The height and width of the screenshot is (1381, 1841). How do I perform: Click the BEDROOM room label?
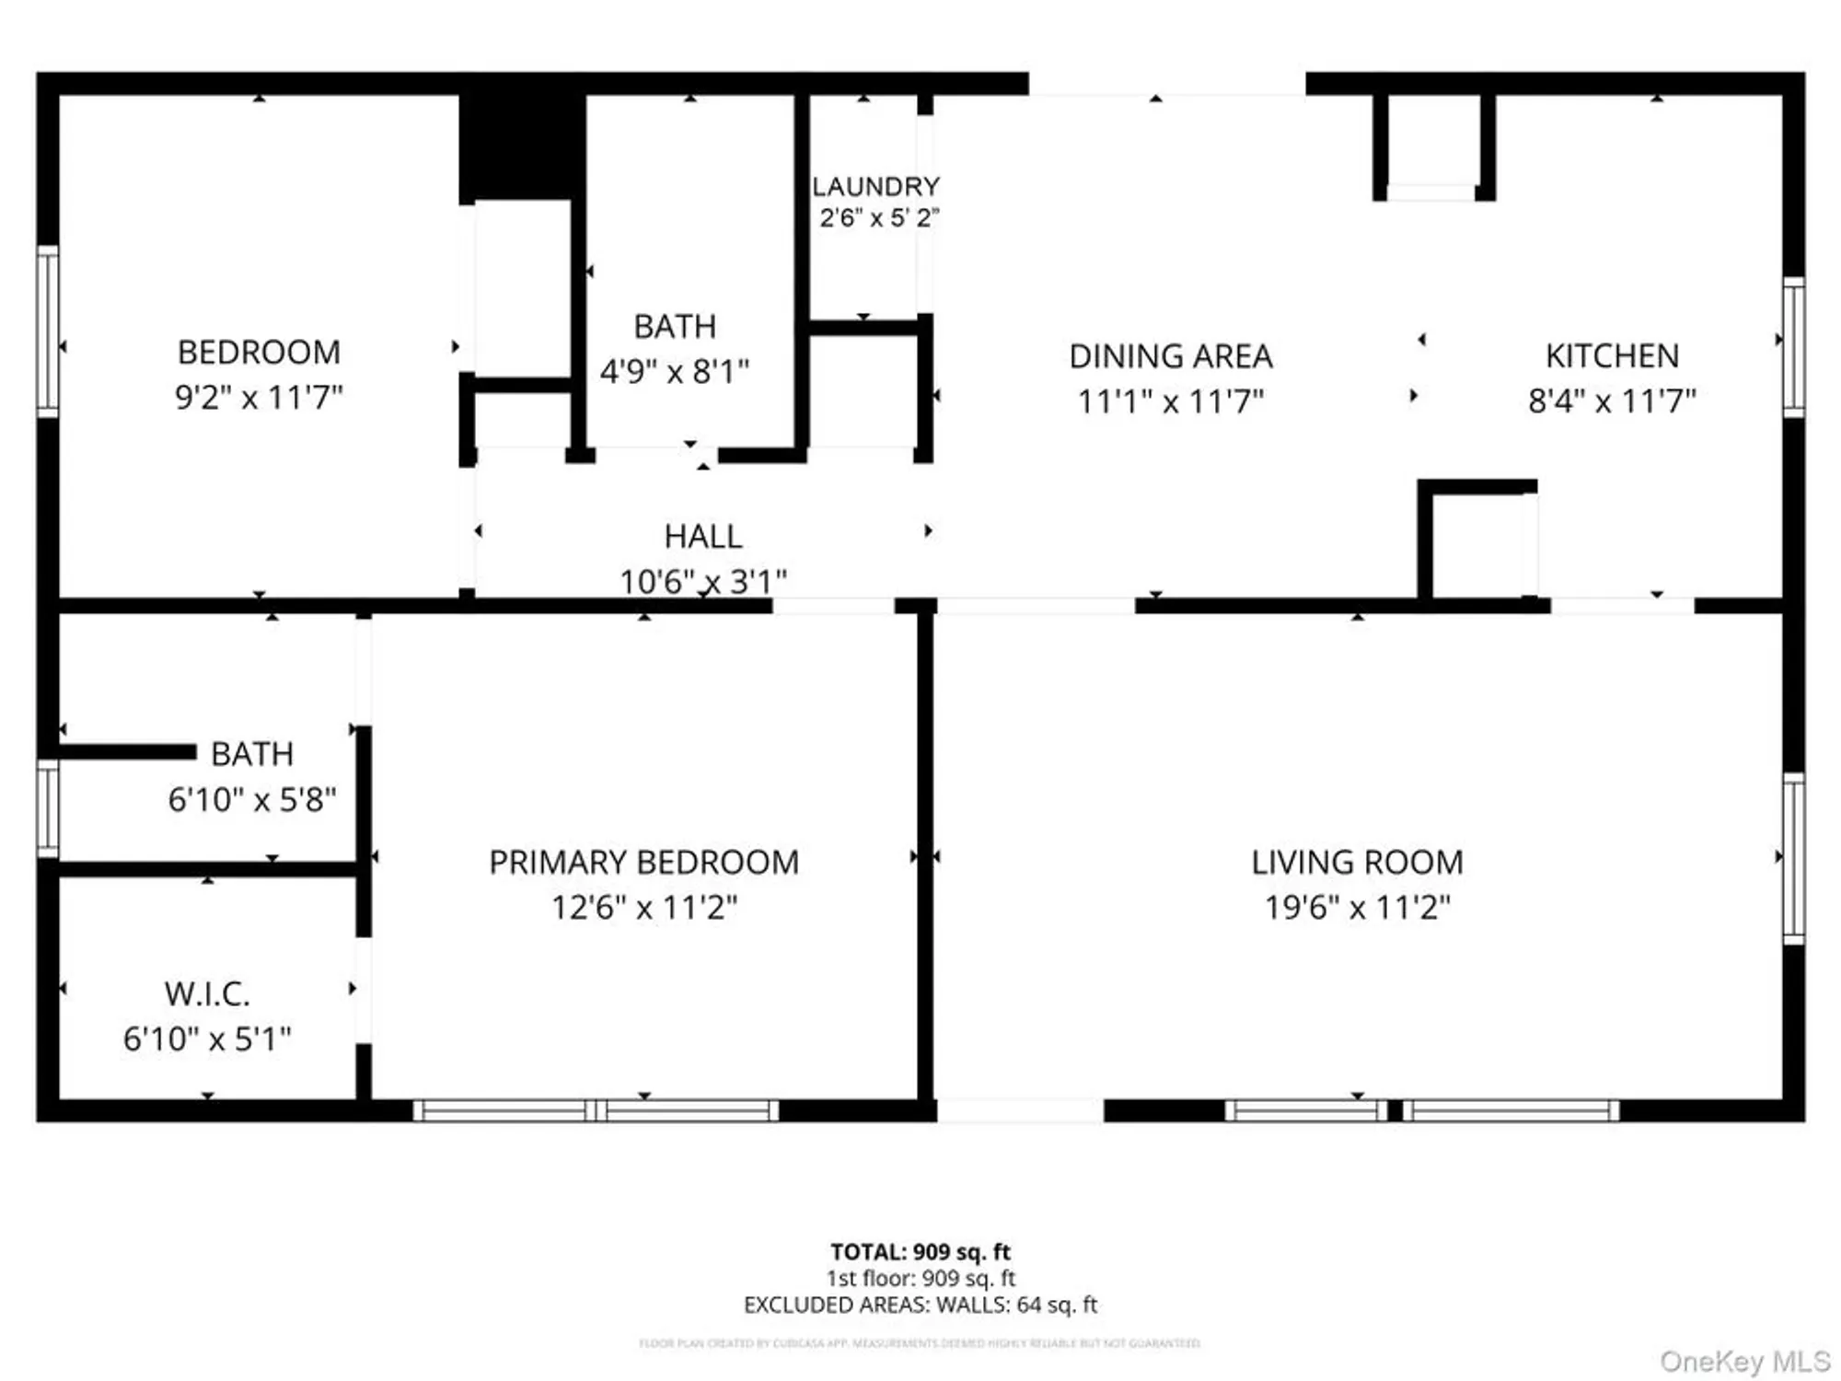pos(259,353)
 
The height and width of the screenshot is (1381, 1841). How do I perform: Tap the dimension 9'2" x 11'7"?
pos(259,398)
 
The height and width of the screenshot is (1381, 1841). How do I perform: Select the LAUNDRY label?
pos(875,187)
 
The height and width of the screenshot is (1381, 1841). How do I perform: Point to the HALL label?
pos(703,537)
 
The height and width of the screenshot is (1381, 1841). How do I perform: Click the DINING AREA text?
pos(1171,356)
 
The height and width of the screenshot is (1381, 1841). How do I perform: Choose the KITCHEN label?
pos(1612,356)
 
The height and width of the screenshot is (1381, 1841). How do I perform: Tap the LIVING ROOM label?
pos(1357,863)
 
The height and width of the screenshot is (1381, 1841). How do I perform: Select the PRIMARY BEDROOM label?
pos(643,863)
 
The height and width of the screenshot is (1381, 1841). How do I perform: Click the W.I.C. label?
pos(207,994)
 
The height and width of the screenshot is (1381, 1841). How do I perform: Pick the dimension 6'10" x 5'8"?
pos(251,800)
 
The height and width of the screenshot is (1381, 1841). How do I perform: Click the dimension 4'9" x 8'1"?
pos(675,372)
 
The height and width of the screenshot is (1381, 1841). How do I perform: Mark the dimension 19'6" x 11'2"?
pos(1357,908)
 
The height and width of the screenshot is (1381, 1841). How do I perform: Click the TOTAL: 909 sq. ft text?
pos(920,1252)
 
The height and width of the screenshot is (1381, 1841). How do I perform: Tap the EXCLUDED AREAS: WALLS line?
pos(920,1306)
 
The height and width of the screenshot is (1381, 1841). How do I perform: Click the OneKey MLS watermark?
pos(1744,1361)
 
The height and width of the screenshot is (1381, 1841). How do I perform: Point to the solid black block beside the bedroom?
pos(521,145)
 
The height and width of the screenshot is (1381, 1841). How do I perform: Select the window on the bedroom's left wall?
pos(48,331)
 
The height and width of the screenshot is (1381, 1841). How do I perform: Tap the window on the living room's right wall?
pos(1793,858)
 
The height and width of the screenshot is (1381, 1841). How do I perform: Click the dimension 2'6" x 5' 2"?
pos(879,218)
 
